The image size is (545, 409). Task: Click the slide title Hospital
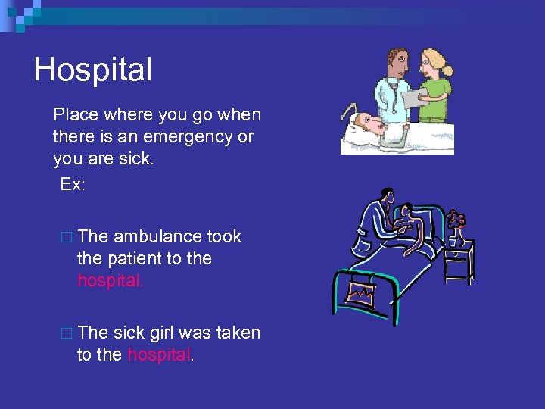coord(93,70)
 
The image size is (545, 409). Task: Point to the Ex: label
coord(73,184)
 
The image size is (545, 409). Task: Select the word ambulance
coord(159,236)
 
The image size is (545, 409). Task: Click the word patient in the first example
coord(133,258)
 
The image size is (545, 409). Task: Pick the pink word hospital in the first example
coord(110,280)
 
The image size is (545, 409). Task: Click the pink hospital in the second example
coord(160,354)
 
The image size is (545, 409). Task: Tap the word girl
coord(162,333)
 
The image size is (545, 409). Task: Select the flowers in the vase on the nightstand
coord(455,220)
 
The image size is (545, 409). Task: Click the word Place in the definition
coord(75,115)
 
